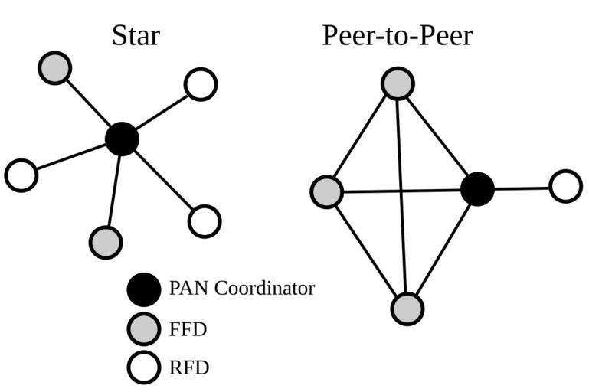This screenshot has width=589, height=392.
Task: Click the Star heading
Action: tap(136, 35)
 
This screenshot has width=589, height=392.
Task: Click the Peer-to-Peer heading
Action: tap(397, 35)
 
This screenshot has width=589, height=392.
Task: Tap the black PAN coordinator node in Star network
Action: tap(122, 139)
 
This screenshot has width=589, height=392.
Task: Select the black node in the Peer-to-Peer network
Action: tap(477, 188)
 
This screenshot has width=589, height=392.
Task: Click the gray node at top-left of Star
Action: tap(54, 67)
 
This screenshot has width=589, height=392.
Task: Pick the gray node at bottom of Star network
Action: tap(106, 242)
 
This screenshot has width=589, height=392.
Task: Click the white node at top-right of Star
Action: tap(201, 84)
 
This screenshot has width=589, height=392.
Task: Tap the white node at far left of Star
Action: tap(21, 175)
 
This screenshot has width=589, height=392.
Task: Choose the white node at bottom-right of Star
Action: tap(205, 221)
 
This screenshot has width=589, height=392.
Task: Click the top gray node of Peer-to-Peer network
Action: tap(398, 83)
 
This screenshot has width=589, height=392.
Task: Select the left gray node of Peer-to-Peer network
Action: tap(327, 191)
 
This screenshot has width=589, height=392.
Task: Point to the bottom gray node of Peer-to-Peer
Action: tap(407, 309)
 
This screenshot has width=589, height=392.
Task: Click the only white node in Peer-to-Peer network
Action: tap(566, 186)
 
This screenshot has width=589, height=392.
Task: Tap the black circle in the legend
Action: tap(144, 289)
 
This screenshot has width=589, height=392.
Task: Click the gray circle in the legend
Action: tap(144, 329)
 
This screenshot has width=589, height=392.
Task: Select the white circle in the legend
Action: tap(144, 367)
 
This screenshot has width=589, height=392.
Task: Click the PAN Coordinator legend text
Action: tap(241, 289)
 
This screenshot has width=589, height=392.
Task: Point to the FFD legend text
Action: tap(188, 329)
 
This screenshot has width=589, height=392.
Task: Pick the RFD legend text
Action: tap(188, 368)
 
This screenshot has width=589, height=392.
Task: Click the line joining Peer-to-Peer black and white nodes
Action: tap(522, 188)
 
